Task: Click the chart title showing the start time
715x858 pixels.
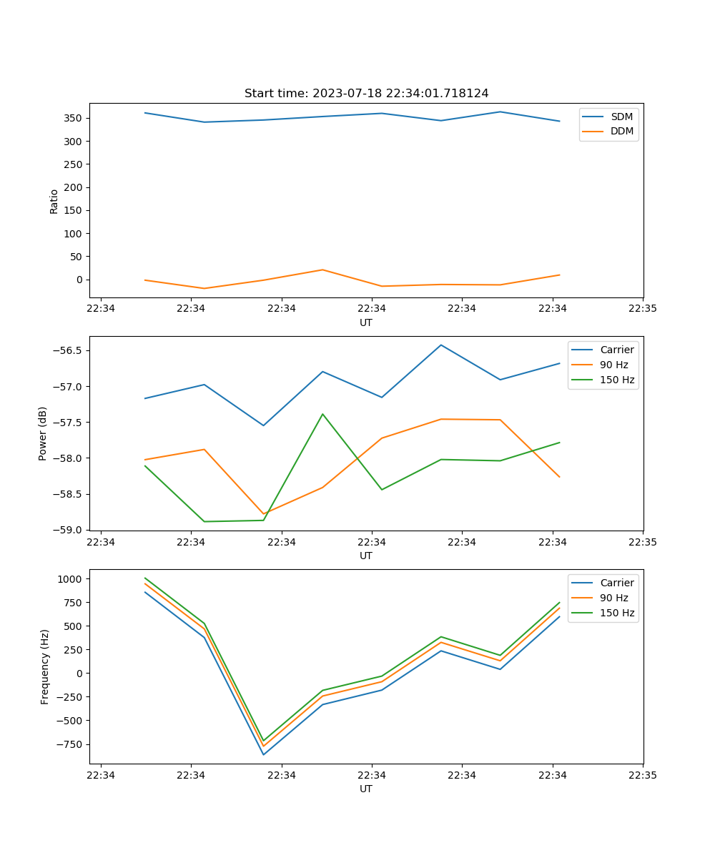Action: [x=366, y=94]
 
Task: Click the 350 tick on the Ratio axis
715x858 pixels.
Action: [x=74, y=118]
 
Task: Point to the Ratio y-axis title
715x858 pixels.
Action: [x=54, y=201]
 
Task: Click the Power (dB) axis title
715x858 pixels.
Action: [x=43, y=433]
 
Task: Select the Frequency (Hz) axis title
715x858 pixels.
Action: [x=45, y=666]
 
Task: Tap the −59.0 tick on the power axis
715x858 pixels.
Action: [x=69, y=530]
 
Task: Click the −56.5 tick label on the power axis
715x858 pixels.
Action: [x=69, y=350]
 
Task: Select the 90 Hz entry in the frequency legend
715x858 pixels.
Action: [x=613, y=598]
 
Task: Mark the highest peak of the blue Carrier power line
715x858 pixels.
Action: [x=441, y=345]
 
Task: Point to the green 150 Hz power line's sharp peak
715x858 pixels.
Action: [x=322, y=414]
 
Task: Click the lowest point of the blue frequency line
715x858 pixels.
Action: [x=263, y=754]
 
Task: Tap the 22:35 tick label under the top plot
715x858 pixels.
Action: [x=642, y=309]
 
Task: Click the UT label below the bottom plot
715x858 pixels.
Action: [x=366, y=789]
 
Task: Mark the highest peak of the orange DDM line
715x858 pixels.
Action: [x=322, y=270]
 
